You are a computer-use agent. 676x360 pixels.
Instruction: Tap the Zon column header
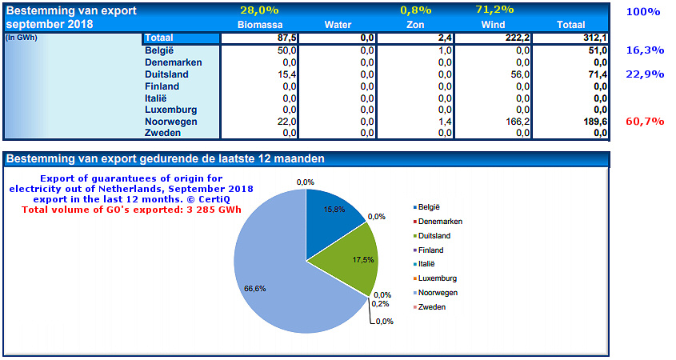(416, 25)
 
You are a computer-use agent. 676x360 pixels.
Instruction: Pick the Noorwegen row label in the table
(171, 122)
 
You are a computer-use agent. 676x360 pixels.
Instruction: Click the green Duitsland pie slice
(344, 256)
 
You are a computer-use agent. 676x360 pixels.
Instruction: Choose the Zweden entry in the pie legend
(432, 307)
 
